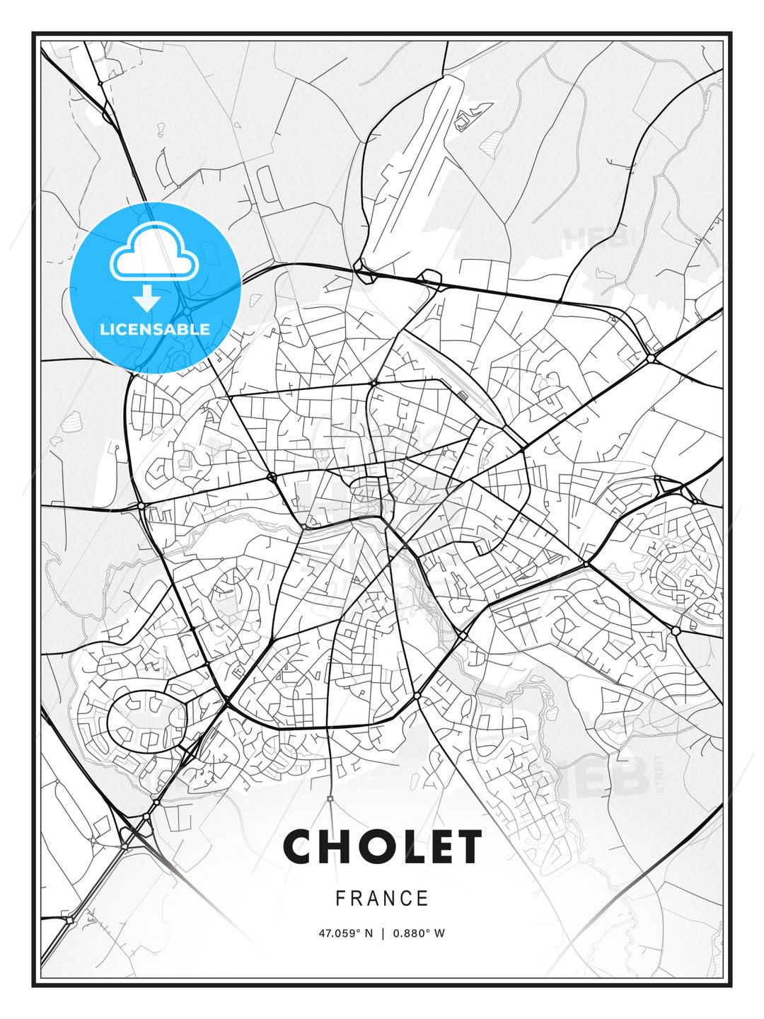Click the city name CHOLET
(382, 846)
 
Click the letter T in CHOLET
(469, 846)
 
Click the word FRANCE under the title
(382, 898)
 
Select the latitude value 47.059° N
(345, 933)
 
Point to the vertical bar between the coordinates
(383, 933)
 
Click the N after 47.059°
(368, 933)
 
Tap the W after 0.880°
(440, 933)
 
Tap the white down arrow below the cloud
(147, 299)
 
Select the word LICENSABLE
(155, 329)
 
